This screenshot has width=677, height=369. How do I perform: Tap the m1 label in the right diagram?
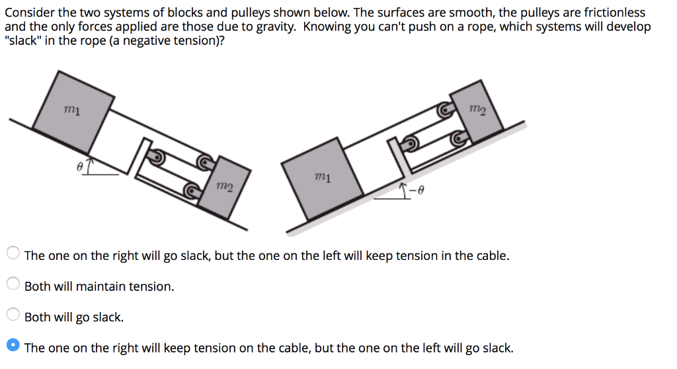[323, 177]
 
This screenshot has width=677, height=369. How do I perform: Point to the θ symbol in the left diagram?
[79, 169]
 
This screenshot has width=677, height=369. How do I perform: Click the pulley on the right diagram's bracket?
[411, 141]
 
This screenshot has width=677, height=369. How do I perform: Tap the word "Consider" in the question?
[28, 13]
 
